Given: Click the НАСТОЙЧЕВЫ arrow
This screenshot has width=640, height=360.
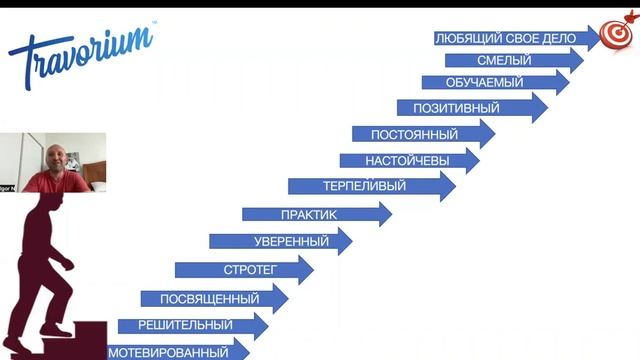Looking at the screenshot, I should [x=404, y=160].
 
